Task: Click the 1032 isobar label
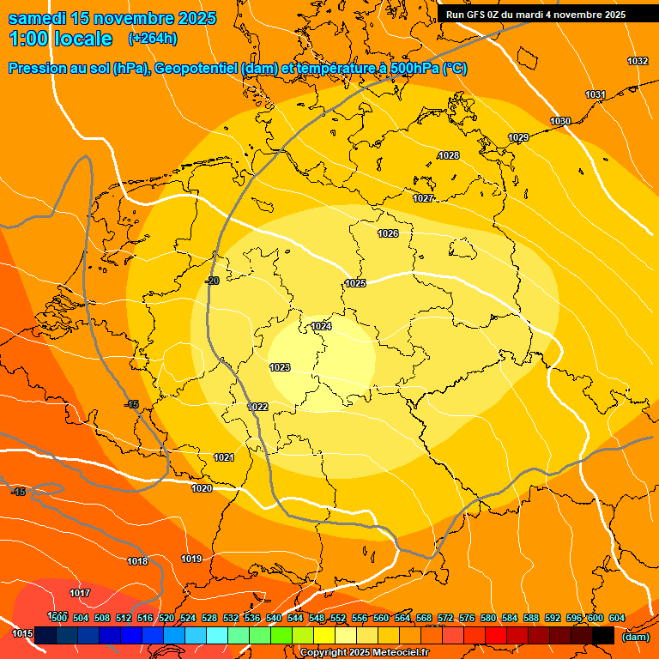point(638,61)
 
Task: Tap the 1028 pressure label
point(448,155)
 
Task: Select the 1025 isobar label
point(355,283)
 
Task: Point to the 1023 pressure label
point(280,367)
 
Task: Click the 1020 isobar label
point(202,488)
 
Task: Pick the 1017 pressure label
point(80,593)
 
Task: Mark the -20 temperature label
point(212,281)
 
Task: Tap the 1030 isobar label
point(560,121)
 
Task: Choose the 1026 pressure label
point(388,233)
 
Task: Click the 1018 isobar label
point(137,561)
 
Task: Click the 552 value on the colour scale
point(338,618)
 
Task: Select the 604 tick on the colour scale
point(616,618)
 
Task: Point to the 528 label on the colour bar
point(209,618)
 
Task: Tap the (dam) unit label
point(636,636)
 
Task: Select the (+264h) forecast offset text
point(153,39)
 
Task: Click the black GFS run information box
point(535,14)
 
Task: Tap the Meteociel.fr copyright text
point(364,652)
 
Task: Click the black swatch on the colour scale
point(603,635)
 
